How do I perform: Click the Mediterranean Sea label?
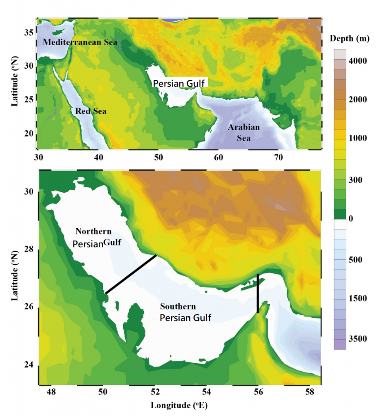coord(80,42)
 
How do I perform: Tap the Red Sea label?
coord(90,111)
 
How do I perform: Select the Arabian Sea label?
coord(243,132)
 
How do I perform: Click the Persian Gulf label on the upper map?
coord(180,83)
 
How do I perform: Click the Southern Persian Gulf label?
coord(185,312)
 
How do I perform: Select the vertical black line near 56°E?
coord(258,293)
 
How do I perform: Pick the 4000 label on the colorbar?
coord(359,61)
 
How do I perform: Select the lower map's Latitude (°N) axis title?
coord(15,275)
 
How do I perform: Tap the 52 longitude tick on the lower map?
coord(155,392)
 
